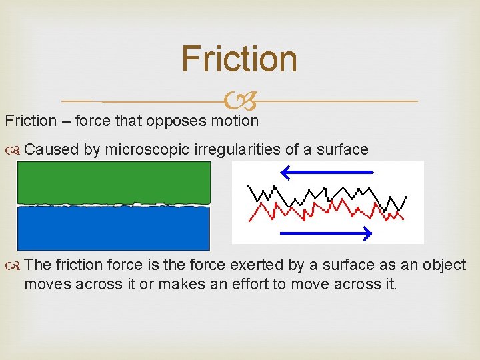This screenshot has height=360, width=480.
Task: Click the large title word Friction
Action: pyautogui.click(x=239, y=59)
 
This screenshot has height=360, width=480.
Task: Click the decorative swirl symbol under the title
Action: pyautogui.click(x=239, y=101)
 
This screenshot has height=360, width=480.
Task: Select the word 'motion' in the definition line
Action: pyautogui.click(x=234, y=121)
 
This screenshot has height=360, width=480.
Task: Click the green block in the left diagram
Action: pyautogui.click(x=113, y=181)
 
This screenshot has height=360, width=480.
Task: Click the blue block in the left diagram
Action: pyautogui.click(x=113, y=229)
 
